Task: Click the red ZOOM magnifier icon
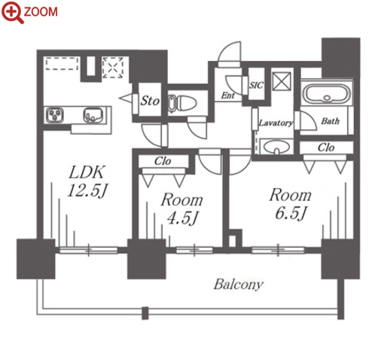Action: (13, 12)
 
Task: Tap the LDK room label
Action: (86, 172)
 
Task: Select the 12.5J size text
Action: (87, 191)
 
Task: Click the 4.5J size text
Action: (182, 218)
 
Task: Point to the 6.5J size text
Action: (291, 213)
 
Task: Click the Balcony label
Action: (239, 285)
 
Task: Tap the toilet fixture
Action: (182, 103)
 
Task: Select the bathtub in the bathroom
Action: (327, 93)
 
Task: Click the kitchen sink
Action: (93, 115)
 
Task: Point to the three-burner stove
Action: (55, 115)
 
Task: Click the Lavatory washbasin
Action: (276, 147)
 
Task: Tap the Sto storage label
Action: (150, 101)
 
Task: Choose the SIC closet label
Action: (256, 86)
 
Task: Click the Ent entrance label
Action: (227, 96)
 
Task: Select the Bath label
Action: (331, 121)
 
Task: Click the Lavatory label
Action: (276, 123)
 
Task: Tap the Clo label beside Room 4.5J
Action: (163, 161)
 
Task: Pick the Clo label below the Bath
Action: (326, 148)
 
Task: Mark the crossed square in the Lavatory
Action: (282, 81)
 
